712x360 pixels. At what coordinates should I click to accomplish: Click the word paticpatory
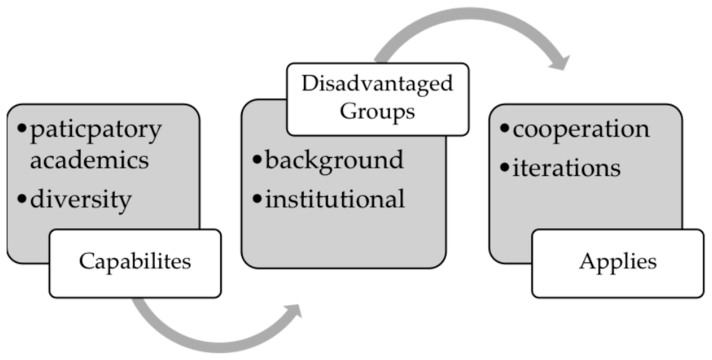pos(96,130)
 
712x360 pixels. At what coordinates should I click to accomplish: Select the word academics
pos(89,161)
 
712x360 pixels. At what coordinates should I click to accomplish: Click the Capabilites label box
pos(135,264)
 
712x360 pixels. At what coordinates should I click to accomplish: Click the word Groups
pos(377,111)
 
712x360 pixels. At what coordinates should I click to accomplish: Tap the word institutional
pos(335,199)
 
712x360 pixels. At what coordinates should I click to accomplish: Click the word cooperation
pos(581,129)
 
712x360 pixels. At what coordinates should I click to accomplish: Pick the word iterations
pos(566,168)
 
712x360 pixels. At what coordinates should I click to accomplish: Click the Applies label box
pos(618,264)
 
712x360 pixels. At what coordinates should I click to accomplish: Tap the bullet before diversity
pos(22,199)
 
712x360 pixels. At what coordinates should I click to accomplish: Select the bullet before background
pos(257,160)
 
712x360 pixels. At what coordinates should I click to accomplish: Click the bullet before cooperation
pos(504,128)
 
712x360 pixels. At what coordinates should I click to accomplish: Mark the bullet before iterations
pos(504,167)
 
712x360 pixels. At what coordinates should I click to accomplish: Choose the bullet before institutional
pos(257,199)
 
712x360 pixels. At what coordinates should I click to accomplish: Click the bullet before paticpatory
pos(22,128)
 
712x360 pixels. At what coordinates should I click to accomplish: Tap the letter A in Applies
pos(587,262)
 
